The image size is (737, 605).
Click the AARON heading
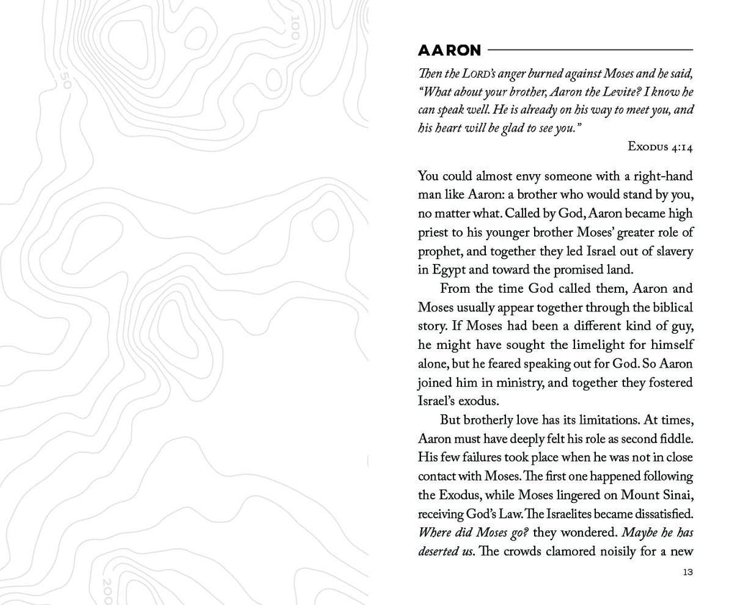[x=449, y=50]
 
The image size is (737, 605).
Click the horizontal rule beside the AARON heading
[x=590, y=50]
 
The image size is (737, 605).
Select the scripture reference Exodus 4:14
[x=660, y=147]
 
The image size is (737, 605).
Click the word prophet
[x=438, y=251]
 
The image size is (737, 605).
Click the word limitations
[x=606, y=419]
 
